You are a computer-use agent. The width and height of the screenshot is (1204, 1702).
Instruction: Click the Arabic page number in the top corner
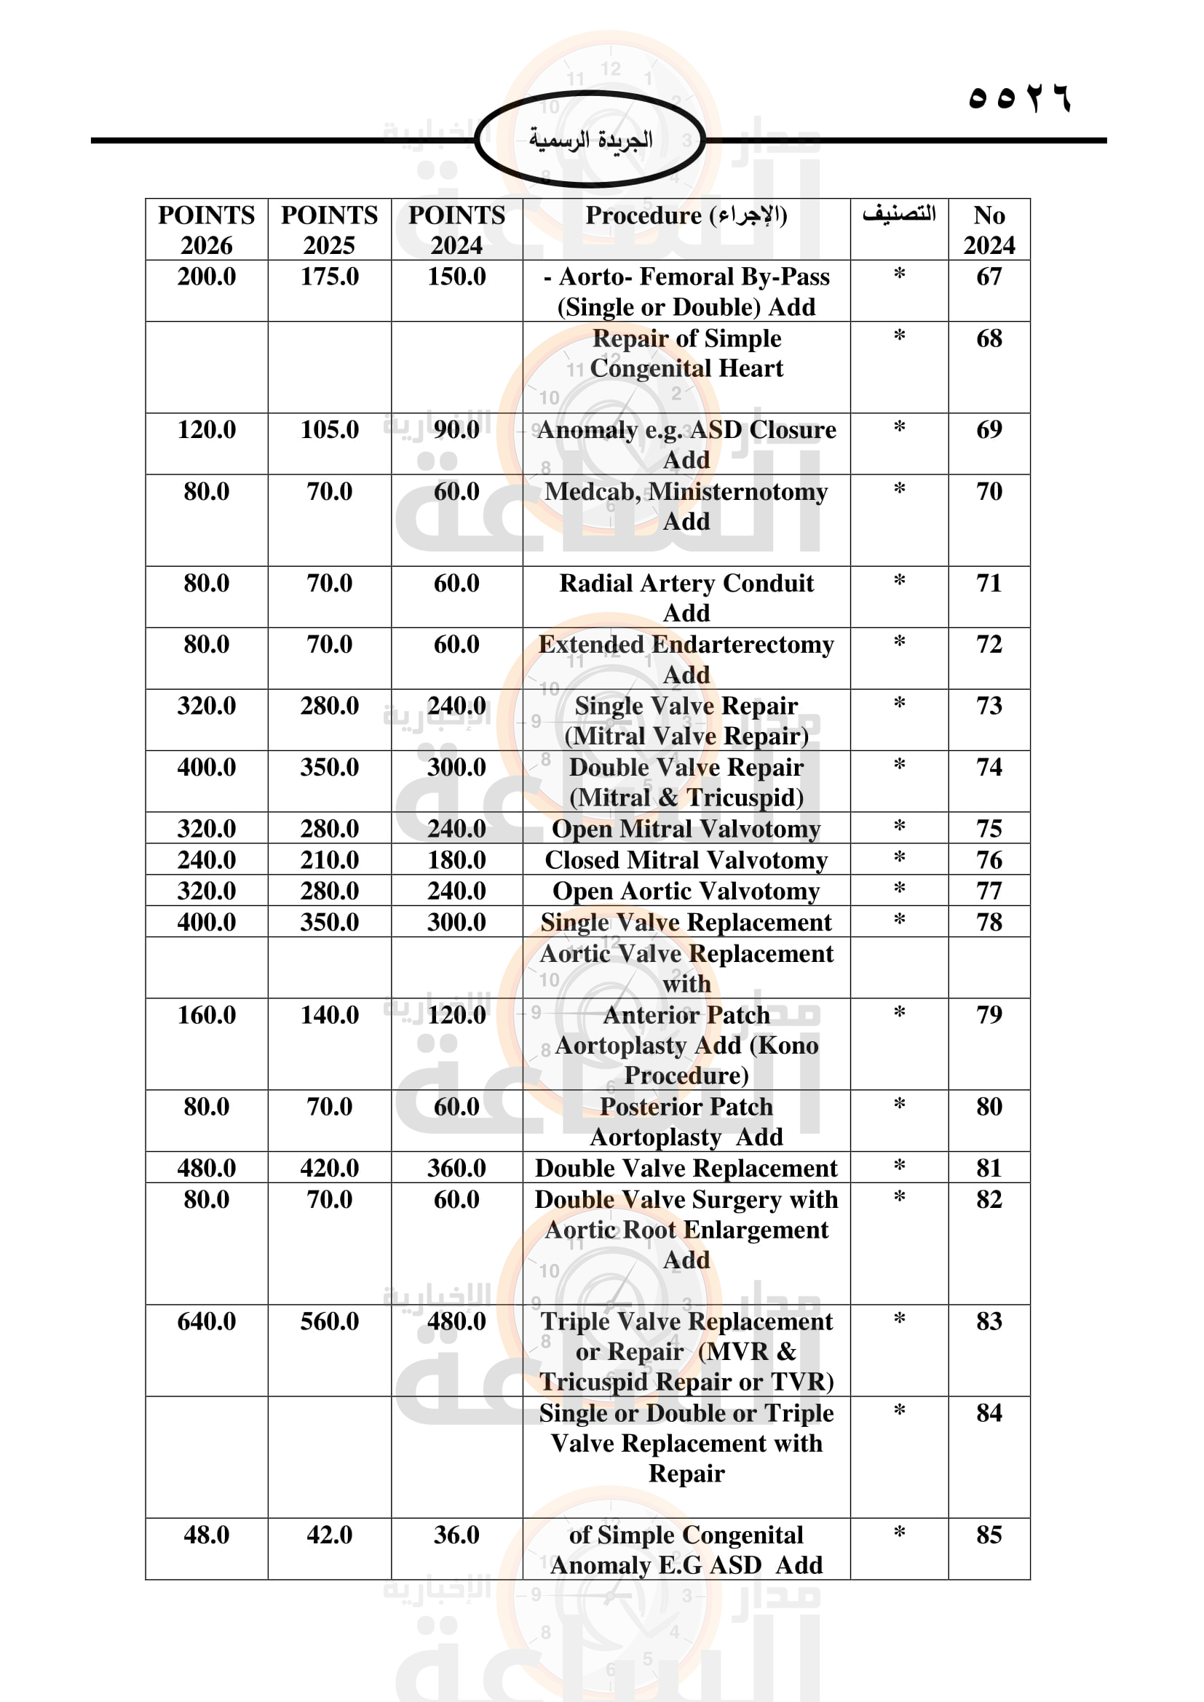[x=1019, y=98]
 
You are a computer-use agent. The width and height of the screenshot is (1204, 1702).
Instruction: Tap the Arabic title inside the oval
[x=590, y=140]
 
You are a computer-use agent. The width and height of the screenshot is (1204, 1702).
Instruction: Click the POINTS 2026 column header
[x=206, y=230]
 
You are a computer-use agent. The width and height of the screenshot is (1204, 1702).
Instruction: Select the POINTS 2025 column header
[x=329, y=230]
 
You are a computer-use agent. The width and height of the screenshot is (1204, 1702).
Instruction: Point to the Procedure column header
[x=686, y=215]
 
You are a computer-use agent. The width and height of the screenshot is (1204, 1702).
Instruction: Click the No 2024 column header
[x=989, y=230]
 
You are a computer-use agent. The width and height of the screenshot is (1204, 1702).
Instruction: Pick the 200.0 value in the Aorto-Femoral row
[x=206, y=277]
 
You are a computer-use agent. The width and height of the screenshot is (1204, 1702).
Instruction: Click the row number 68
[x=989, y=339]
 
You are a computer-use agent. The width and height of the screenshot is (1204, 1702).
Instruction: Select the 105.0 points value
[x=329, y=430]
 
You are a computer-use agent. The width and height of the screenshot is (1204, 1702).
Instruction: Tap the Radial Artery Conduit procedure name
[x=686, y=584]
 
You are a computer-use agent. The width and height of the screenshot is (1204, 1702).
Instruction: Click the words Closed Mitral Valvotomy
[x=686, y=860]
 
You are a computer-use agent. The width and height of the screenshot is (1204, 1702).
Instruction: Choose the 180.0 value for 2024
[x=456, y=860]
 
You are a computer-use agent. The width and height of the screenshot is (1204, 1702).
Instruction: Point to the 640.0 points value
[x=206, y=1321]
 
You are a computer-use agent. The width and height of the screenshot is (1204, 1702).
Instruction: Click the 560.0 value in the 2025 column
[x=329, y=1321]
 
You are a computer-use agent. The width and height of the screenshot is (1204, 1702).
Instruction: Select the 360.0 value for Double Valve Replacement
[x=456, y=1169]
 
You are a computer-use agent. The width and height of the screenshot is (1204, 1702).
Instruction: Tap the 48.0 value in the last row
[x=206, y=1535]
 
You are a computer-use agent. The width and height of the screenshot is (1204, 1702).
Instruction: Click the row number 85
[x=989, y=1535]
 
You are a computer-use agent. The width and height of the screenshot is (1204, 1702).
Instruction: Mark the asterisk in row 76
[x=898, y=859]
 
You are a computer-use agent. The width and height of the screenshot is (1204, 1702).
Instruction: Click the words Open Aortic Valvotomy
[x=686, y=891]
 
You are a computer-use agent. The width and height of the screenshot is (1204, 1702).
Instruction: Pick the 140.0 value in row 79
[x=329, y=1015]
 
